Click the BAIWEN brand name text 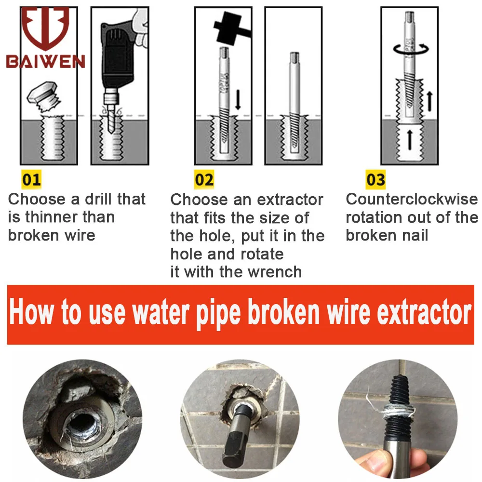click(45, 62)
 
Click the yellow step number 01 click(31, 179)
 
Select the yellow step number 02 click(204, 179)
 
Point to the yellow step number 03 click(375, 179)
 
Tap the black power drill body click(118, 55)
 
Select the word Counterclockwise click(412, 199)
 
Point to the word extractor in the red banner click(424, 313)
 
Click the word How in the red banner click(31, 312)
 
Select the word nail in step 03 click(415, 236)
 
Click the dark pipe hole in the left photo click(82, 423)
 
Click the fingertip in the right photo click(373, 461)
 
